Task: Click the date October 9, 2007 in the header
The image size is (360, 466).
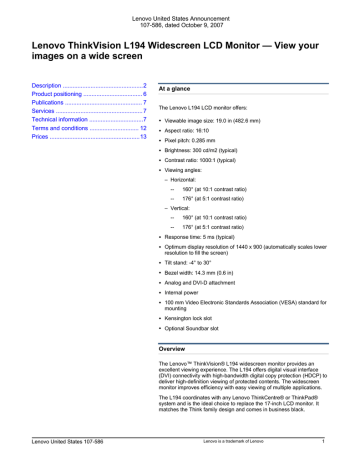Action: (x=210, y=25)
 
